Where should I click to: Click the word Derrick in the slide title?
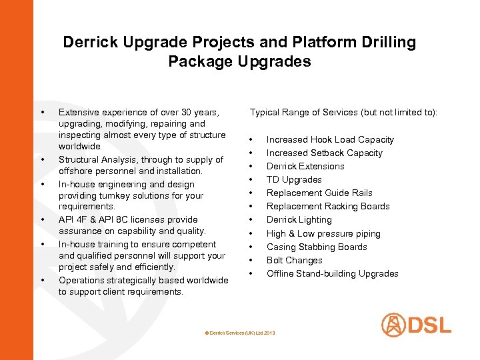pos(89,43)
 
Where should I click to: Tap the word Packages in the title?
pos(197,62)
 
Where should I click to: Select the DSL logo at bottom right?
pos(416,325)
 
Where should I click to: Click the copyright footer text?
pos(239,332)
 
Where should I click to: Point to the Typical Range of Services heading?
pos(343,113)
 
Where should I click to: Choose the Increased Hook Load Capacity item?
pos(330,139)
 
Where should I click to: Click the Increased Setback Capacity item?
pos(324,153)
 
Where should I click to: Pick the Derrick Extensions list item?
pos(305,166)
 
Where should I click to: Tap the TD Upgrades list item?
pos(294,179)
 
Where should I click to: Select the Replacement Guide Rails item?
pos(319,193)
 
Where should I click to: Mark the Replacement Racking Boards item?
pos(328,206)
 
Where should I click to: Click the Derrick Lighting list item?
pos(299,219)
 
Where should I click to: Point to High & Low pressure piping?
pos(323,233)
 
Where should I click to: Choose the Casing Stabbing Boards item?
pos(317,247)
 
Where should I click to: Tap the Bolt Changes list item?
pos(294,260)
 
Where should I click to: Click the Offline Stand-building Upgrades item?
pos(332,273)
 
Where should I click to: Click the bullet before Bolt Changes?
pos(251,260)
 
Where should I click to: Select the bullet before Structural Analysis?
pos(42,160)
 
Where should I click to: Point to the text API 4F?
pos(73,219)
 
